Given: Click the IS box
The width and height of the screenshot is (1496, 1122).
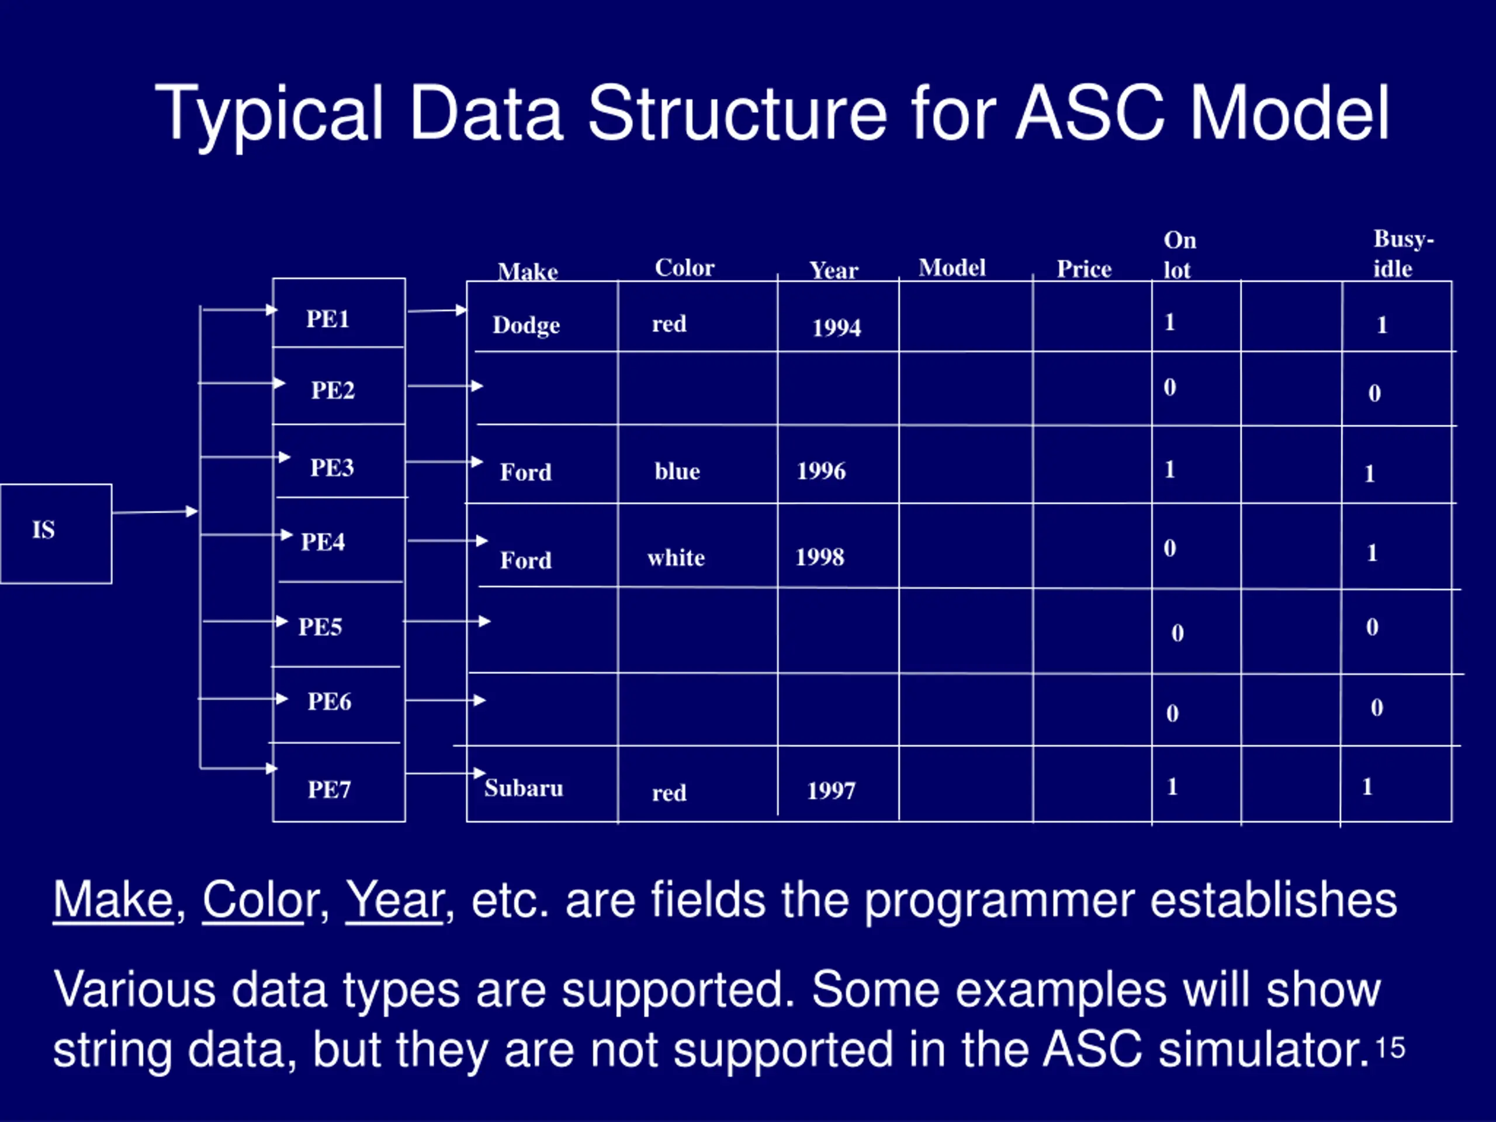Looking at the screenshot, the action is click(x=56, y=534).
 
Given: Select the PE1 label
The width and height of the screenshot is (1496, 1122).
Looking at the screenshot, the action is click(x=328, y=318).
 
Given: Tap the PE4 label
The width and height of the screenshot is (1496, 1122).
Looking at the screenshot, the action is click(x=323, y=541).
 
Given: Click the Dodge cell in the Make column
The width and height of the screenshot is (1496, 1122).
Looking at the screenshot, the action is click(x=526, y=325).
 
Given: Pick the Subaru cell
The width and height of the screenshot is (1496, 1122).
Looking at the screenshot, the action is click(x=524, y=788).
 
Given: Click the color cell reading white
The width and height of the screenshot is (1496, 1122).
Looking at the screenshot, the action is click(x=676, y=557).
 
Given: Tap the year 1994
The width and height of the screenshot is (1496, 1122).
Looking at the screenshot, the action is click(x=837, y=327).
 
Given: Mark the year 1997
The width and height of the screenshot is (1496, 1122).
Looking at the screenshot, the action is click(x=831, y=790).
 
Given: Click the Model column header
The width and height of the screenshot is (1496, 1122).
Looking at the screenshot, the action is click(x=951, y=267).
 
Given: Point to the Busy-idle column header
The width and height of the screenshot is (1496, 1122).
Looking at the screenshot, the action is click(x=1403, y=254).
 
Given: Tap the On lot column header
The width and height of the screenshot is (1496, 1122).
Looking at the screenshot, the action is click(x=1179, y=255).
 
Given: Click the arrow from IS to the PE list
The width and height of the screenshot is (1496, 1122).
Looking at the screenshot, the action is click(x=155, y=512).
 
